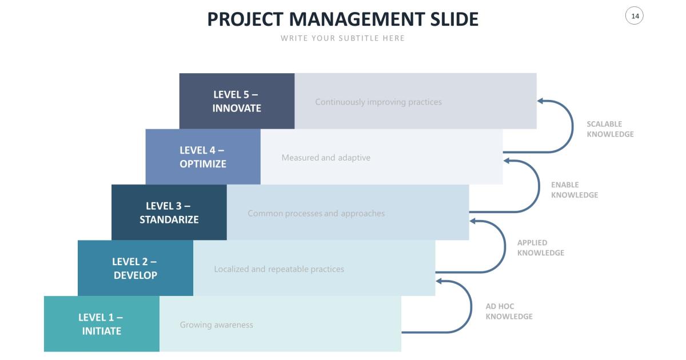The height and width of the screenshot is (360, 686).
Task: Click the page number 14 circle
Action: [x=635, y=16]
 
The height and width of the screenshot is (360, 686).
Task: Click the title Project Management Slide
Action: [x=342, y=19]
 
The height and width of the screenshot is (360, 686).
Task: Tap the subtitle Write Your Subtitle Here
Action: [x=342, y=38]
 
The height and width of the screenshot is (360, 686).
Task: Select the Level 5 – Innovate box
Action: [x=237, y=101]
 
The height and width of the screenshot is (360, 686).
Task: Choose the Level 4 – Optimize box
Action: [x=203, y=157]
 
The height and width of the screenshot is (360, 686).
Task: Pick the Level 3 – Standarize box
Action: [x=169, y=213]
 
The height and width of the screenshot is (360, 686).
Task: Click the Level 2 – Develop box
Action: [x=135, y=268]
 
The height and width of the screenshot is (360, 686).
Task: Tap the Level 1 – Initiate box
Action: [x=102, y=324]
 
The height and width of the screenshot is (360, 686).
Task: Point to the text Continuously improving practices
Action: [x=378, y=102]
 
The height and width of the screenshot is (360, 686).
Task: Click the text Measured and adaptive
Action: [x=326, y=158]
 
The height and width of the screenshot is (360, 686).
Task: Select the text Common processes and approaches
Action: [x=316, y=214]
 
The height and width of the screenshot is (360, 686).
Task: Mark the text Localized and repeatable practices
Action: [x=279, y=269]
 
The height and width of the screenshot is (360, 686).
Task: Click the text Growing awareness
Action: [x=217, y=325]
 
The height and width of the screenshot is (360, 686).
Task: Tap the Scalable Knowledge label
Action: [x=610, y=129]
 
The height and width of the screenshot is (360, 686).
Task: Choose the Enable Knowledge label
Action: [x=575, y=190]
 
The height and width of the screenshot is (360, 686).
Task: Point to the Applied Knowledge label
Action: [x=540, y=247]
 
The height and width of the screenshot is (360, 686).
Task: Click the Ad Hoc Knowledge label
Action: [x=509, y=311]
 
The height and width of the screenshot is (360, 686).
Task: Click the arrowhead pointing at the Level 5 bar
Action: [x=541, y=101]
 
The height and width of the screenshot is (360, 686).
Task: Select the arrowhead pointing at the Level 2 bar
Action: [x=439, y=281]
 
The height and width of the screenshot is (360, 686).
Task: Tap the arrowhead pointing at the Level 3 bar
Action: [x=473, y=221]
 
